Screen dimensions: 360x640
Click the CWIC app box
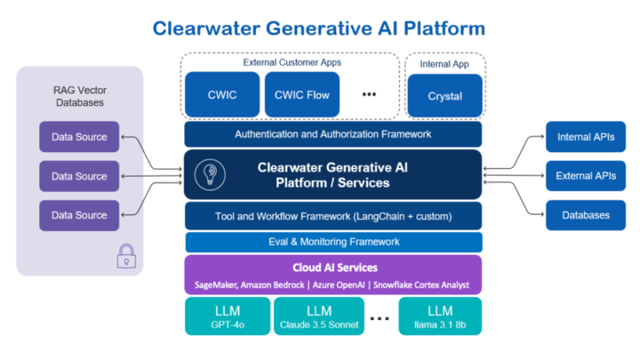pyautogui.click(x=222, y=95)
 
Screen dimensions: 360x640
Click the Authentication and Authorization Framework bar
pyautogui.click(x=333, y=134)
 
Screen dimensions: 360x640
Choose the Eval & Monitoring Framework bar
pyautogui.click(x=333, y=241)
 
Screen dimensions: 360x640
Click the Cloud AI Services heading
pyautogui.click(x=334, y=267)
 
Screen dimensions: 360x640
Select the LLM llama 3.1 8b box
pyautogui.click(x=440, y=316)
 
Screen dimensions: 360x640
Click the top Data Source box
pyautogui.click(x=79, y=136)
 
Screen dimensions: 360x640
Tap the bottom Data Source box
pyautogui.click(x=79, y=215)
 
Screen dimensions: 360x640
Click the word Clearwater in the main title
pyautogui.click(x=209, y=28)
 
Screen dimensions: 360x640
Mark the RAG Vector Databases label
pyautogui.click(x=79, y=95)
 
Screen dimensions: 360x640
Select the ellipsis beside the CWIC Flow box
pyautogui.click(x=369, y=95)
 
